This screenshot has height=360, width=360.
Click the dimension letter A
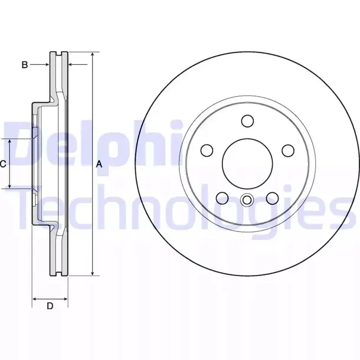[x=99, y=165]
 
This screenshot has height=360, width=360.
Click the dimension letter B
[x=25, y=65]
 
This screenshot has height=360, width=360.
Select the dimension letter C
[x=4, y=163]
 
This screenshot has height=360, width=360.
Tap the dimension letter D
[x=50, y=306]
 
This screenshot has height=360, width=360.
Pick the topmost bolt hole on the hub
[x=247, y=121]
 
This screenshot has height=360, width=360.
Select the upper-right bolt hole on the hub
[x=289, y=150]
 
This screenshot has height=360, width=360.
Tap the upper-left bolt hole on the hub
[x=207, y=150]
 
